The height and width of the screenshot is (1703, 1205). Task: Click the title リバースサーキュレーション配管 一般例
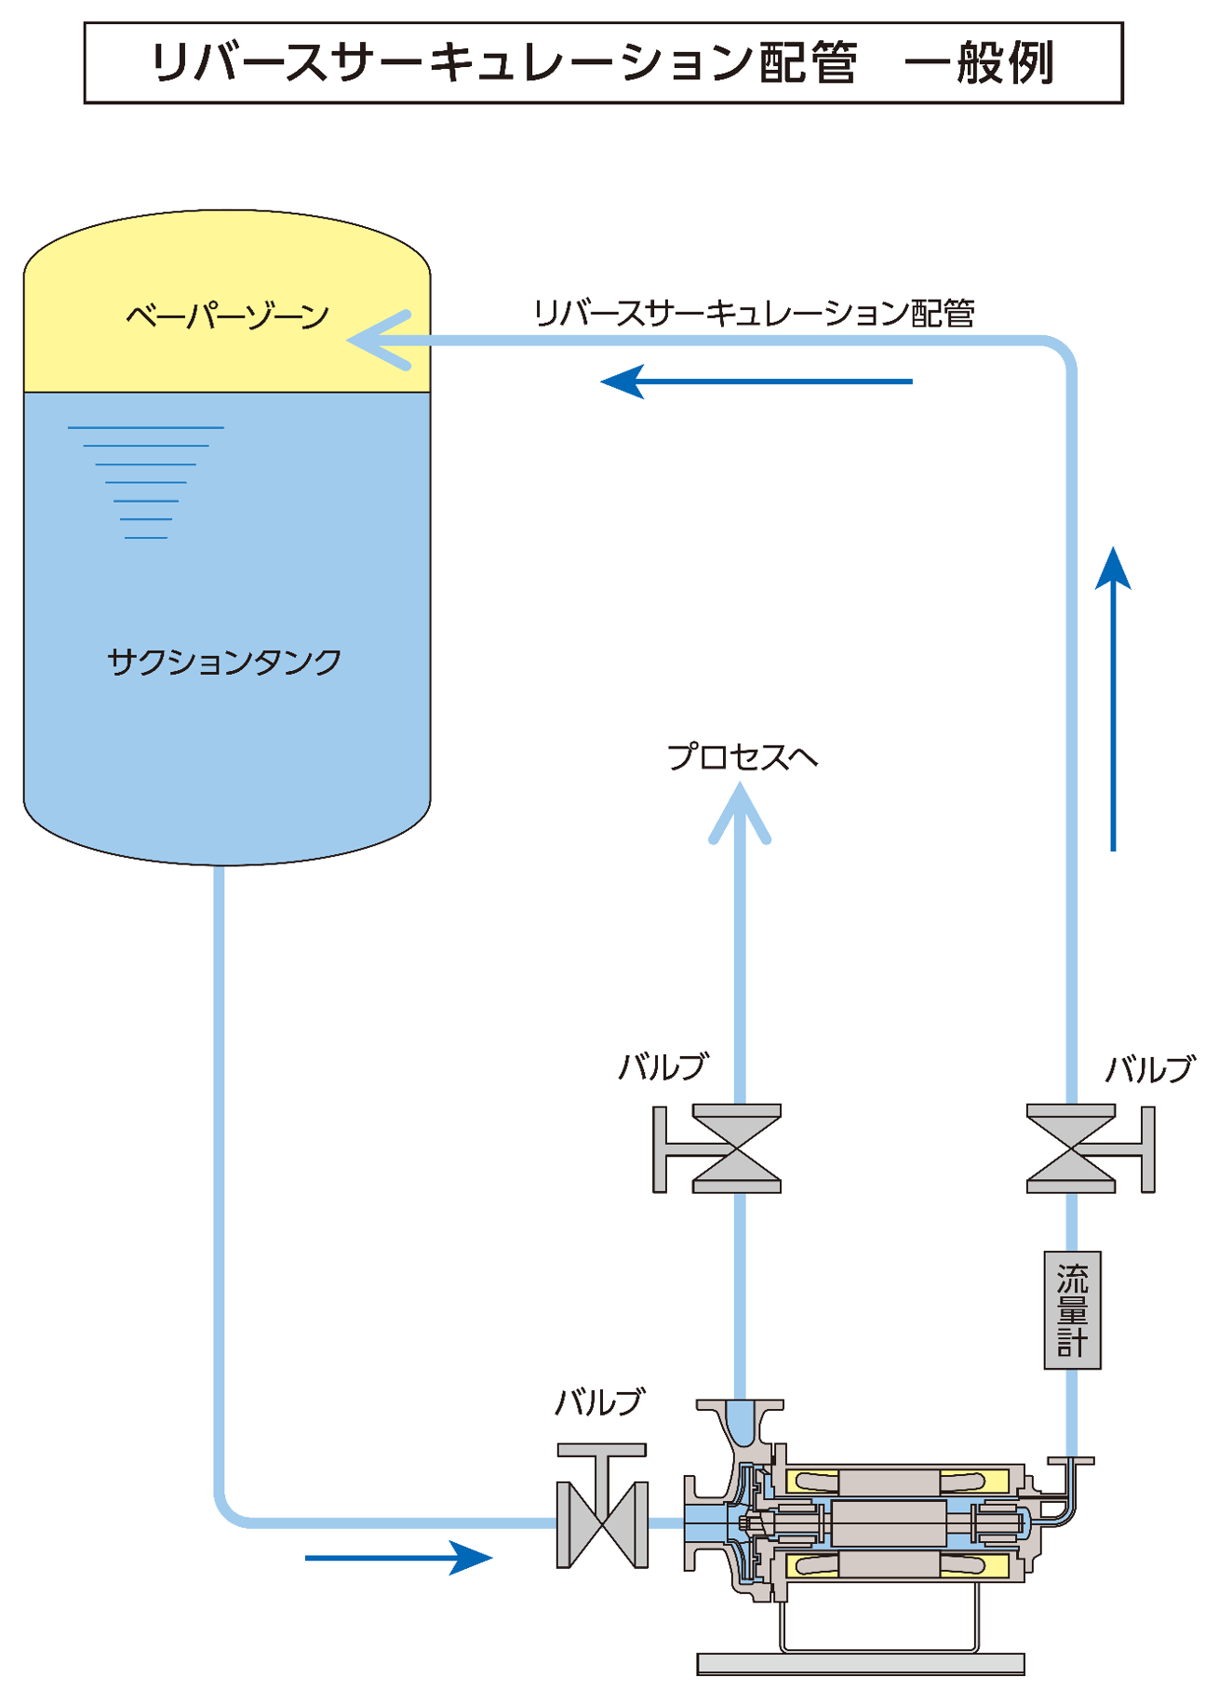tap(603, 63)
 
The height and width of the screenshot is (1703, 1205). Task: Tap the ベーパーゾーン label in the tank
tap(227, 316)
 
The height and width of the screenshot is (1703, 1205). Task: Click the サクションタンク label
tap(224, 662)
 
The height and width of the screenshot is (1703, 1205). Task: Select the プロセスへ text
tap(742, 757)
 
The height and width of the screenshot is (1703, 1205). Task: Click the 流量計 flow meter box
tap(1072, 1310)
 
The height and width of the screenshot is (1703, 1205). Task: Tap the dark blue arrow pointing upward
tap(1113, 698)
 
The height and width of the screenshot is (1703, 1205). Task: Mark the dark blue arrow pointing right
tap(398, 1557)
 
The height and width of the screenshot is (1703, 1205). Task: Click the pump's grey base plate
tap(861, 1663)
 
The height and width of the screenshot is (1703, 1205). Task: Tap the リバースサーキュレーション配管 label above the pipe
tap(754, 313)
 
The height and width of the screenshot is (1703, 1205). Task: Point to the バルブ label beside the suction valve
tap(598, 1401)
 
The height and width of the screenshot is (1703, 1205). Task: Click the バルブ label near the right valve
tap(1149, 1070)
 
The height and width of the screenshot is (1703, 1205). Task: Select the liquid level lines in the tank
tap(146, 482)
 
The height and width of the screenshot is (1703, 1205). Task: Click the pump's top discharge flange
tap(740, 1405)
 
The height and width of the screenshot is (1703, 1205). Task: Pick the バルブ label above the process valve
tap(663, 1066)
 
